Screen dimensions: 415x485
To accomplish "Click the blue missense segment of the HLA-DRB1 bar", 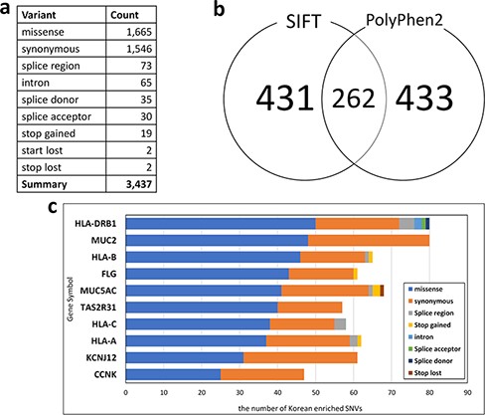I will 220,223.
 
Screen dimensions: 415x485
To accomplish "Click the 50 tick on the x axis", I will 315,392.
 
